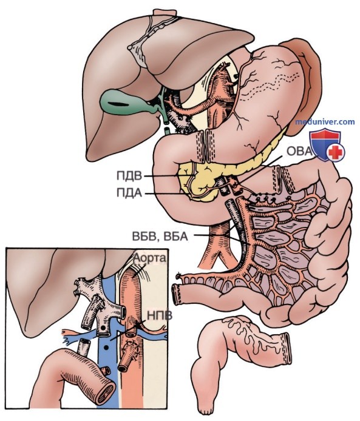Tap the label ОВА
(299, 151)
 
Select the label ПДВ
(129, 176)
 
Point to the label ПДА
(129, 193)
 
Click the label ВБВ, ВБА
(160, 236)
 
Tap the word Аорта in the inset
(150, 258)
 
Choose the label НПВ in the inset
(160, 315)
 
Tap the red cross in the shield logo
(336, 152)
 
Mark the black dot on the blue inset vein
(107, 348)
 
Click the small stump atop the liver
(165, 13)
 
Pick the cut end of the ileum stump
(176, 295)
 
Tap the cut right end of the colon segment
(287, 348)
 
